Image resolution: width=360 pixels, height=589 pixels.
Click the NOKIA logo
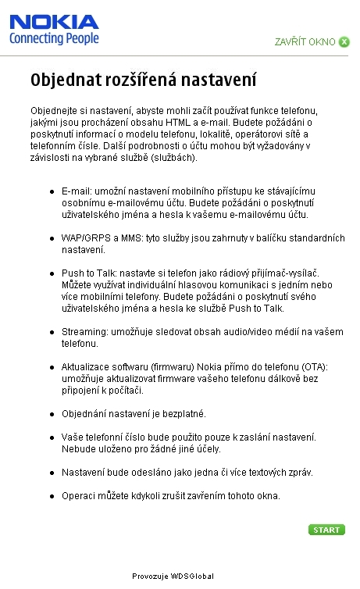point(54,21)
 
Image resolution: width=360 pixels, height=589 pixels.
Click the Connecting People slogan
point(54,37)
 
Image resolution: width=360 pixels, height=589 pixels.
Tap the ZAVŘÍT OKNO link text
point(305,41)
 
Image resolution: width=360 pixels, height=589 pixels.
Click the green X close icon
point(344,41)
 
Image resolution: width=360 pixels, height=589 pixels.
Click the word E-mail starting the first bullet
point(75,191)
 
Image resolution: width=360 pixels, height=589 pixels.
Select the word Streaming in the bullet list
point(82,331)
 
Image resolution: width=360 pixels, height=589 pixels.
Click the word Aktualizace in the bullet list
point(87,366)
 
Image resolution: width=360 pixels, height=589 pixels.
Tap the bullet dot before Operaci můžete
point(52,496)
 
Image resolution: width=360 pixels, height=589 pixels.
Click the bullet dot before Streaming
point(52,332)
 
